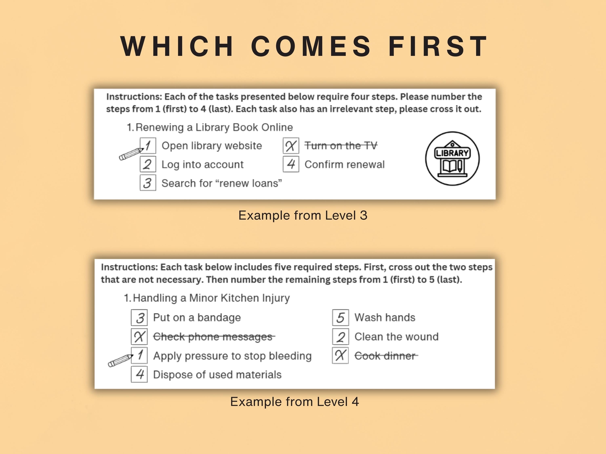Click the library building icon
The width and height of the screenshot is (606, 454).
point(452,158)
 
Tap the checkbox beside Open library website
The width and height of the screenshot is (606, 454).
point(148,146)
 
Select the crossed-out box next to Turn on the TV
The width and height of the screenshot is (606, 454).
point(291,146)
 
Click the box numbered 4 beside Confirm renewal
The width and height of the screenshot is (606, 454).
point(291,164)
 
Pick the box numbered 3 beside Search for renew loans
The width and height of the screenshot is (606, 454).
point(148,183)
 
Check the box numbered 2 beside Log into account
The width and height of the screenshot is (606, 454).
point(148,164)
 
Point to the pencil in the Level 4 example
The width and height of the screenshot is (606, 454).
point(120,361)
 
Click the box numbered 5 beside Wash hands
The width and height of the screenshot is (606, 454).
point(341,318)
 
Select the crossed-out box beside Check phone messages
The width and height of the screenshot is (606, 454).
point(139,337)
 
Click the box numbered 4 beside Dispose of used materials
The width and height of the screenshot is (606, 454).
point(139,374)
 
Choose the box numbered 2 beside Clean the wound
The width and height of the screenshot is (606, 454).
point(341,337)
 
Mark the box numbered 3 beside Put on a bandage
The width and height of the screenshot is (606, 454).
point(139,318)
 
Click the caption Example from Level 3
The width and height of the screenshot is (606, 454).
point(303,215)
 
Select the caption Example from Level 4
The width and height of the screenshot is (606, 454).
point(295,402)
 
